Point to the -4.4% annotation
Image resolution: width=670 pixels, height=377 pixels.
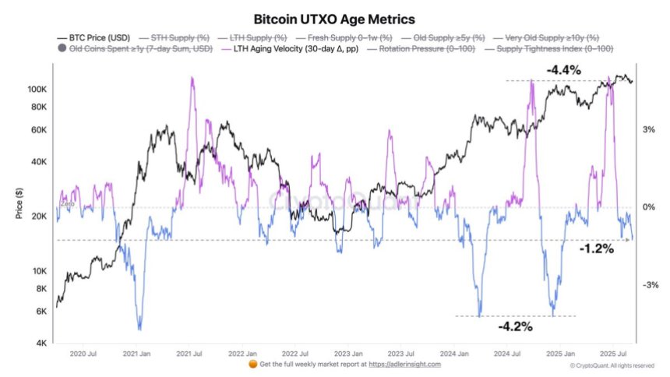pos(565,70)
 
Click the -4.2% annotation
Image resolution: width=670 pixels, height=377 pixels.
pos(516,326)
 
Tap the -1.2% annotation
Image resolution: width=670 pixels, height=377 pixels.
pos(597,249)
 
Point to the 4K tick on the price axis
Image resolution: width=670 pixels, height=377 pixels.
pos(45,344)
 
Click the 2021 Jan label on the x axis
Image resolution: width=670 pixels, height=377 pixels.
pos(138,353)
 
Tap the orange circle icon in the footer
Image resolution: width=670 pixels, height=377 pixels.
pos(252,364)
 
